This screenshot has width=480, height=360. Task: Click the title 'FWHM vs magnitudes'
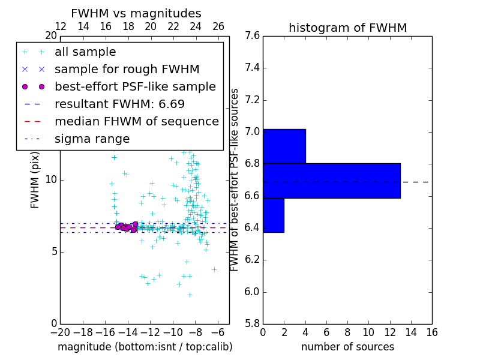136,13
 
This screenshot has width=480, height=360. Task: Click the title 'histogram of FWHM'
347,28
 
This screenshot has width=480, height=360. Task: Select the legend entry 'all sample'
85,52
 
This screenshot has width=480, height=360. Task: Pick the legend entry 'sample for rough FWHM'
127,70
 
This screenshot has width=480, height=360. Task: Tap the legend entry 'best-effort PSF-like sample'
135,86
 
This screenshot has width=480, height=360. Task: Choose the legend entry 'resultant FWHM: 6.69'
115,104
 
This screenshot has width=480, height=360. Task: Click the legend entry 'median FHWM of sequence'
136,121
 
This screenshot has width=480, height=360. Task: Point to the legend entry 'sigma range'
92,139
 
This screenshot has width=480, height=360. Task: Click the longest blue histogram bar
331,181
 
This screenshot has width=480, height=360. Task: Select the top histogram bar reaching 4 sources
284,146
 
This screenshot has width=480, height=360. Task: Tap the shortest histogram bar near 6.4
273,215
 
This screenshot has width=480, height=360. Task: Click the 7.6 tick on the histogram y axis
252,35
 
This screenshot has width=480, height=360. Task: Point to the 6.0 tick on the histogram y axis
252,292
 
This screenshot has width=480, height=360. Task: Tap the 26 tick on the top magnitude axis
218,26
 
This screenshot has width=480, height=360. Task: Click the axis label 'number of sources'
347,347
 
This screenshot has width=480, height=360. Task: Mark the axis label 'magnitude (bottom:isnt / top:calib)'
145,347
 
